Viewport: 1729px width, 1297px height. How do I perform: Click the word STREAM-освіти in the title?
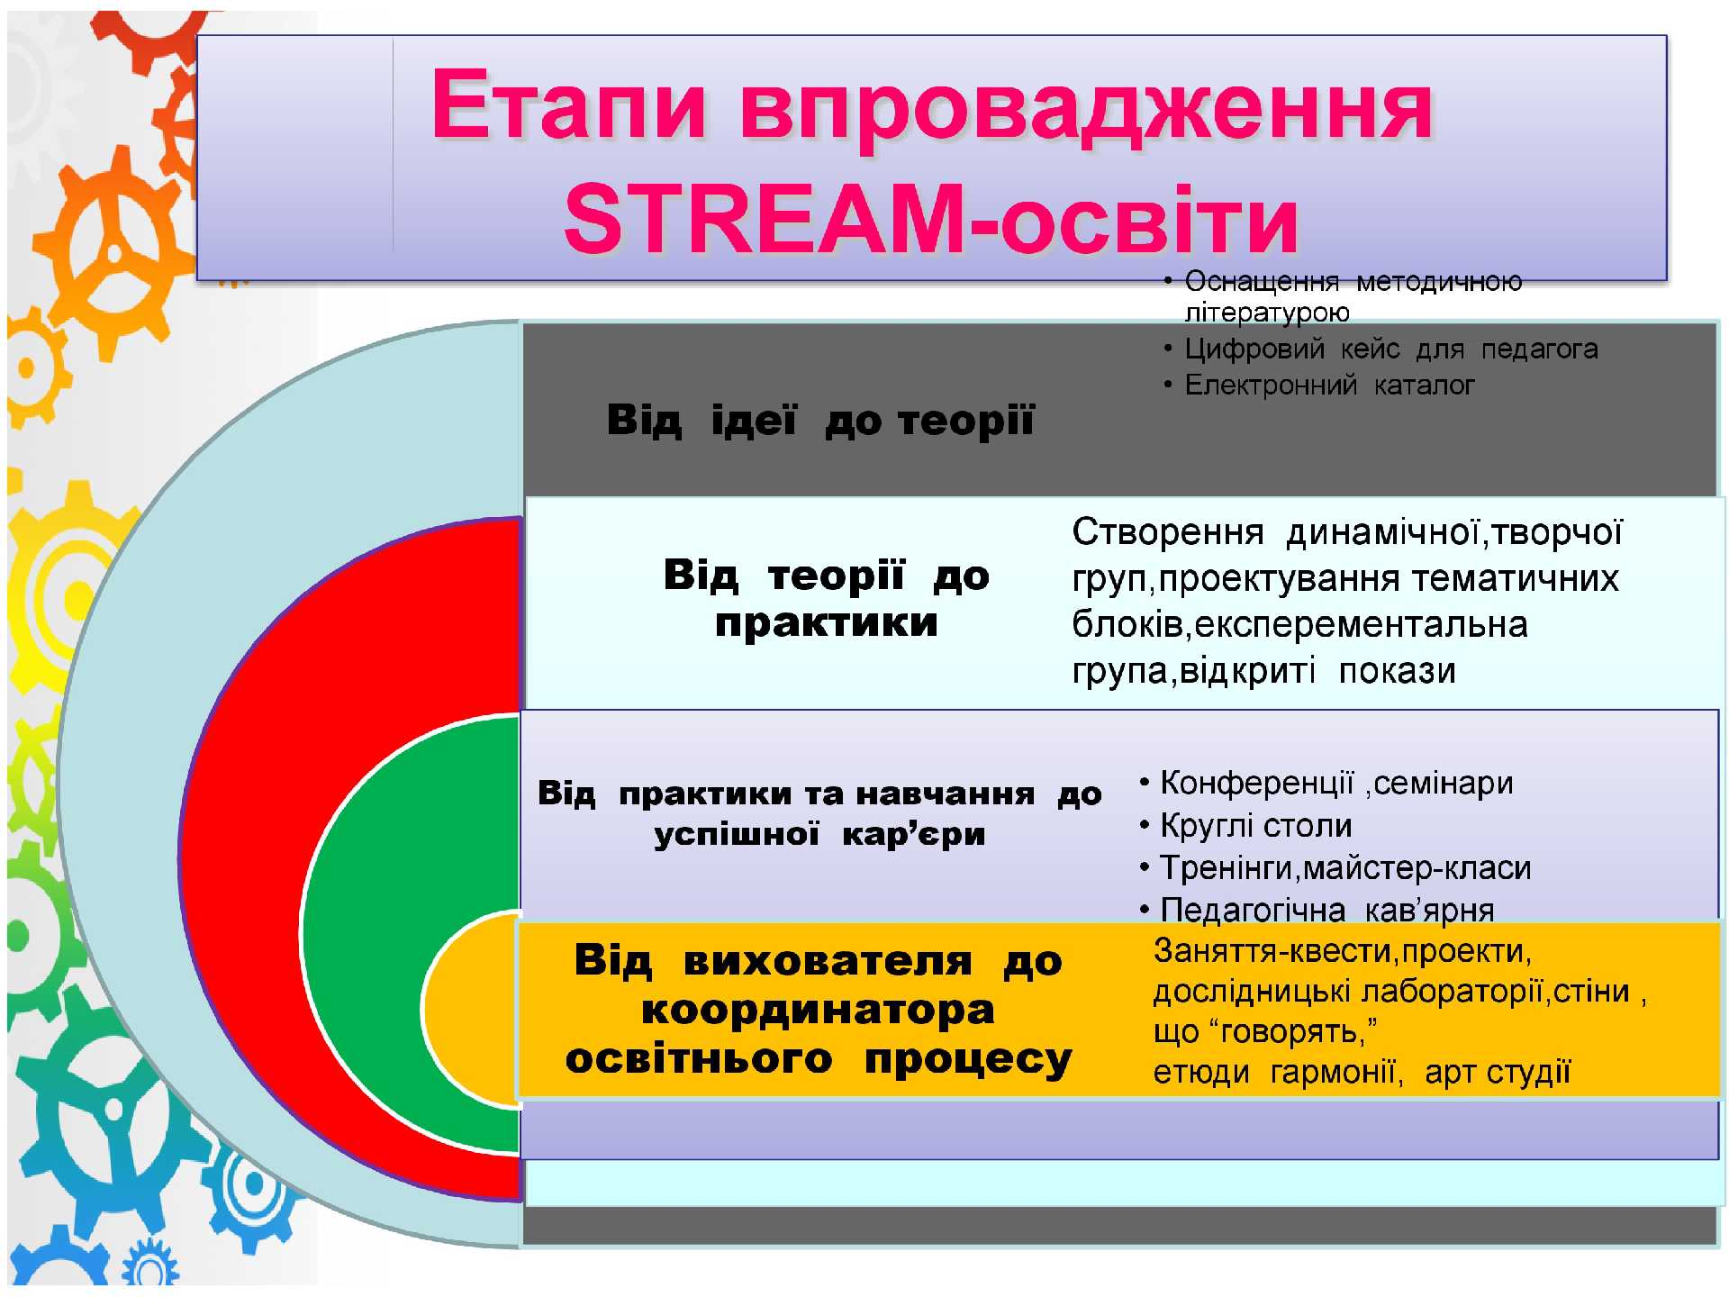point(931,220)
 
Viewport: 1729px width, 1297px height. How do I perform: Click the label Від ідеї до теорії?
point(820,421)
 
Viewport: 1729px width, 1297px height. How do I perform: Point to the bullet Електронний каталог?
point(1329,385)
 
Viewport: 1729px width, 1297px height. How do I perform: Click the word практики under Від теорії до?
point(827,623)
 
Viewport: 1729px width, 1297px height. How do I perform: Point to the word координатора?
point(818,1011)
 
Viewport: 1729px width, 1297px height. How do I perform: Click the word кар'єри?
point(913,834)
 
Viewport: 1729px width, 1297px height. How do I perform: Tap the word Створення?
point(1167,532)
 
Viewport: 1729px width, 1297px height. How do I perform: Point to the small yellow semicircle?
point(468,1009)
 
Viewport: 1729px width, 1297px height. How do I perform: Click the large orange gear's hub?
point(114,253)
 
